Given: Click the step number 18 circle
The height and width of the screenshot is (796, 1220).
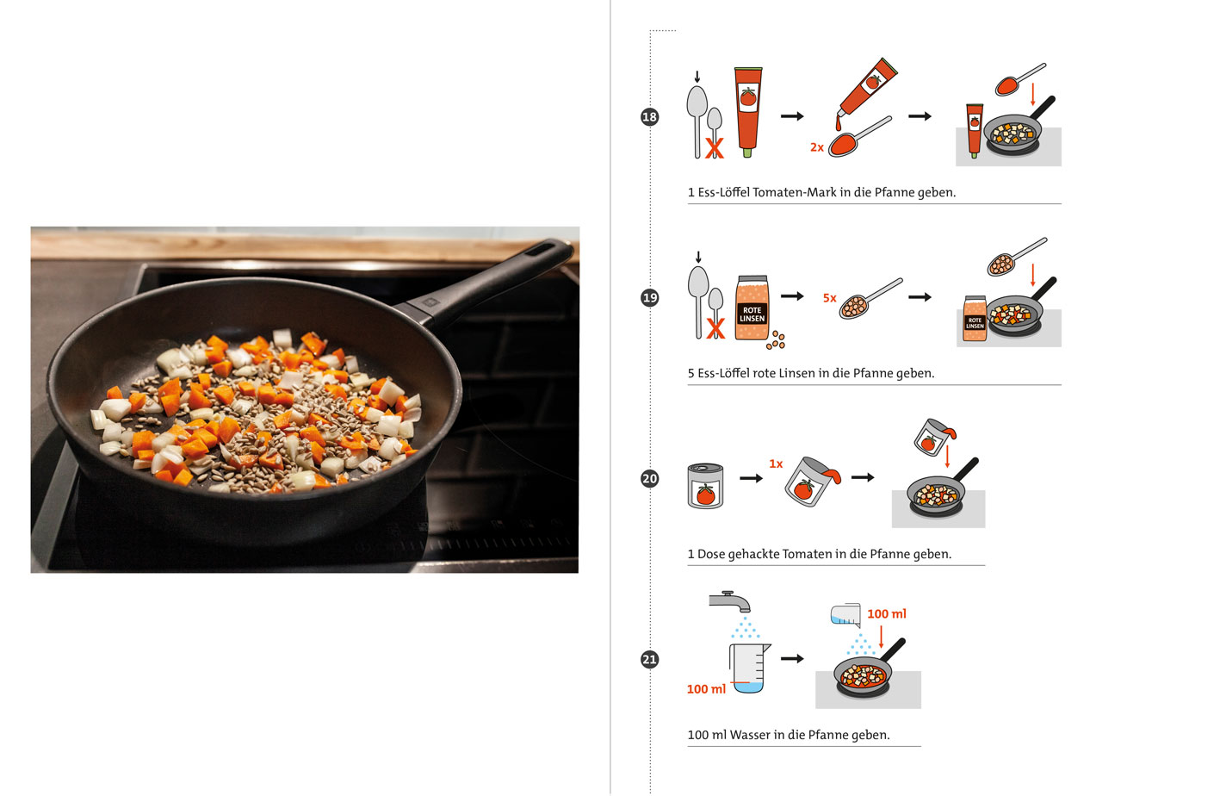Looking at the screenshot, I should click(650, 117).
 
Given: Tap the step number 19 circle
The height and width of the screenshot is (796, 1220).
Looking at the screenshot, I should click(650, 298).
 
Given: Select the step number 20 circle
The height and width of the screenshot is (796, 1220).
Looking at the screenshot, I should click(650, 479).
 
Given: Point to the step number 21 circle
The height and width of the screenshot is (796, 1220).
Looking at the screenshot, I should click(650, 660).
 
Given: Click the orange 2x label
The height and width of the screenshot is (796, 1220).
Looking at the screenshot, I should click(817, 148).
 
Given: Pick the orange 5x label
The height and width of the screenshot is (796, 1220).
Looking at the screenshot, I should click(830, 298).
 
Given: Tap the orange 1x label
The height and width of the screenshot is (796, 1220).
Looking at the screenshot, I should click(776, 464).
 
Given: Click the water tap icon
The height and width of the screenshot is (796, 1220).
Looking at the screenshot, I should click(729, 600).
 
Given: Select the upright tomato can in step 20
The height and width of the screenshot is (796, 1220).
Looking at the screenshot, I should click(706, 486).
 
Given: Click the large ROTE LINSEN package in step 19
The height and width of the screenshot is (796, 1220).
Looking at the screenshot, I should click(752, 308).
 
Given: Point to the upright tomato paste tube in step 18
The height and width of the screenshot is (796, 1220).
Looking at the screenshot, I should click(747, 110).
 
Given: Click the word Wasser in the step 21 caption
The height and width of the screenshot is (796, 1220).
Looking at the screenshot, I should click(750, 736).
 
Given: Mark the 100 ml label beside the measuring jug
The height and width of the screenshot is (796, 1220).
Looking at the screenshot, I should click(706, 689).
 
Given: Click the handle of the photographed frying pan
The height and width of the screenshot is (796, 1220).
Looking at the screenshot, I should click(508, 274).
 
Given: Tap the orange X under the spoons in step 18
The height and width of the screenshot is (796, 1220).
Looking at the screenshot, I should click(715, 148).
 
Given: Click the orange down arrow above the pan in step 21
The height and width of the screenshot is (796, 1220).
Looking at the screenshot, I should click(881, 637).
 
